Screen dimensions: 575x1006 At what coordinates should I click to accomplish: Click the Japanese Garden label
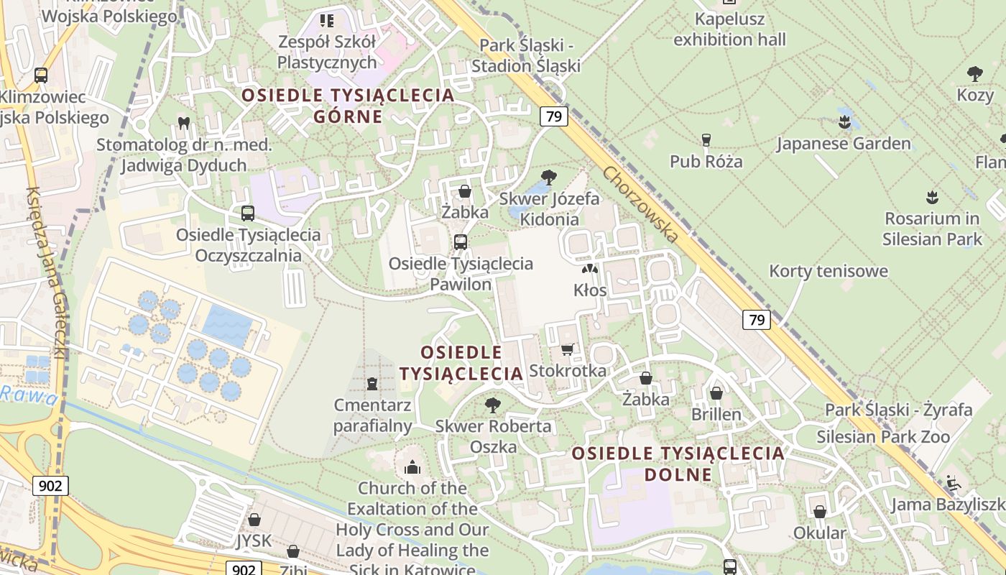[844, 144]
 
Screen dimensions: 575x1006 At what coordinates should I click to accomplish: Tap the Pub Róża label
[706, 161]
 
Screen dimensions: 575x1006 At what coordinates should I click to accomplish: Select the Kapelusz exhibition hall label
[729, 29]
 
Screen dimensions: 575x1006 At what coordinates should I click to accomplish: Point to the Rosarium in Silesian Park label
[932, 229]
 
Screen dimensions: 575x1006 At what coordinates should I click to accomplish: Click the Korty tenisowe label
[829, 271]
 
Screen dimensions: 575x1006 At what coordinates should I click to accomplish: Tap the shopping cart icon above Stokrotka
[568, 349]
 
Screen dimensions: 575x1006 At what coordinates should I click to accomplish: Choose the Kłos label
[590, 290]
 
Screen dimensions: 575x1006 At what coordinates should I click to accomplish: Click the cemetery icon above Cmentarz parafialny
[372, 384]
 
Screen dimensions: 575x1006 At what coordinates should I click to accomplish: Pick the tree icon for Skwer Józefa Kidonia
[549, 177]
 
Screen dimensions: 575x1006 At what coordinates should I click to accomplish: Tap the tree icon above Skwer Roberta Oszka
[493, 405]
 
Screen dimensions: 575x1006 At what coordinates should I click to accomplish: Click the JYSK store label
[254, 540]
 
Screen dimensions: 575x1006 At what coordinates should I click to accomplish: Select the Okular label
[820, 533]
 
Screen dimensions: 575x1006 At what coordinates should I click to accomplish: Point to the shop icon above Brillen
[716, 393]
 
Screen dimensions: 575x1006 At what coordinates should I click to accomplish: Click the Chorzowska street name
[641, 204]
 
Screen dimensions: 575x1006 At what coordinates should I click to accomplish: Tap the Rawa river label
[27, 395]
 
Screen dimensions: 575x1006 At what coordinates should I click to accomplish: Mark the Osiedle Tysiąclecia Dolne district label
[678, 464]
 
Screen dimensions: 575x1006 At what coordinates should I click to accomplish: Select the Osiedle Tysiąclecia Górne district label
[348, 105]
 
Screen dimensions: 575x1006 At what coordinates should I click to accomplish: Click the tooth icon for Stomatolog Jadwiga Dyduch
[183, 123]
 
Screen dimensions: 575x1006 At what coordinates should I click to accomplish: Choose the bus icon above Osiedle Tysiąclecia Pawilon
[461, 242]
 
